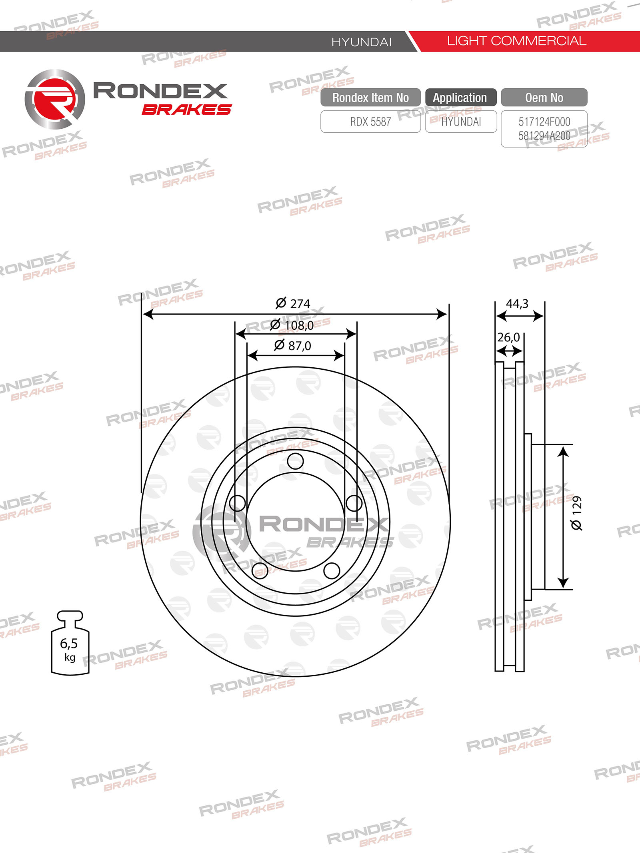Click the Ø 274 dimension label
tap(293, 303)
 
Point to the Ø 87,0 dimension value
tap(292, 345)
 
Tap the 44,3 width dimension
tap(517, 304)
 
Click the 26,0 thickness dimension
tap(508, 337)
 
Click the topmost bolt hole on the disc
tap(295, 461)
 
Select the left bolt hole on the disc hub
tap(237, 503)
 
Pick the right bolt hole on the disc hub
tap(354, 503)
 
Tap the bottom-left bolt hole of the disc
tap(260, 571)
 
